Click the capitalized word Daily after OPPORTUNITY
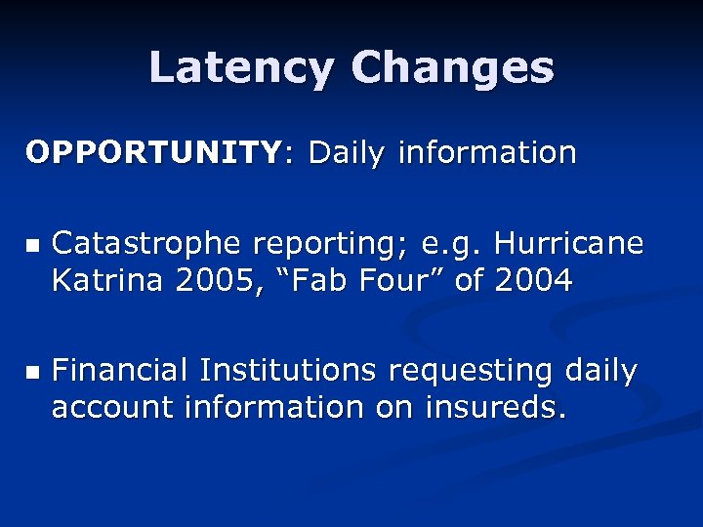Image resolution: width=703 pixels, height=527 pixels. click(x=346, y=153)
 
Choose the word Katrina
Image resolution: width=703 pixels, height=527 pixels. click(x=108, y=281)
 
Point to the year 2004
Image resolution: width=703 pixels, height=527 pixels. click(x=533, y=281)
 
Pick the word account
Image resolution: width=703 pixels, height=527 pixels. click(x=110, y=407)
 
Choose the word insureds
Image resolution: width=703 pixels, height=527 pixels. click(x=495, y=407)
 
